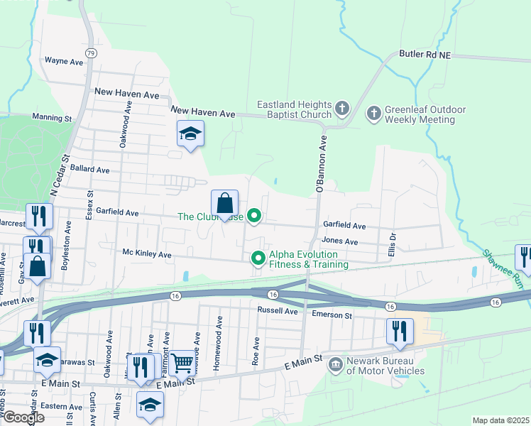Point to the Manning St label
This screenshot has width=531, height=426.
point(53,117)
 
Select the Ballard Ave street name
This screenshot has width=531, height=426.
point(90,170)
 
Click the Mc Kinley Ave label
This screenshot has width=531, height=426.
point(147,253)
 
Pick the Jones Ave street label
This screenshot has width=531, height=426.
point(339,241)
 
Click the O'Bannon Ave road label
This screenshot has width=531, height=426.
point(320,163)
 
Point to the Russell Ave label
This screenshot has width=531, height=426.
point(278,311)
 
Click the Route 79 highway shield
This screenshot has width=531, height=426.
point(90,53)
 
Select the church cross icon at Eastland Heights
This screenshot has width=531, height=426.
point(342,109)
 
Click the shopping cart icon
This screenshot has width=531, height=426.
point(183,363)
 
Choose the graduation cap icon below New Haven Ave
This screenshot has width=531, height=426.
point(190,133)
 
